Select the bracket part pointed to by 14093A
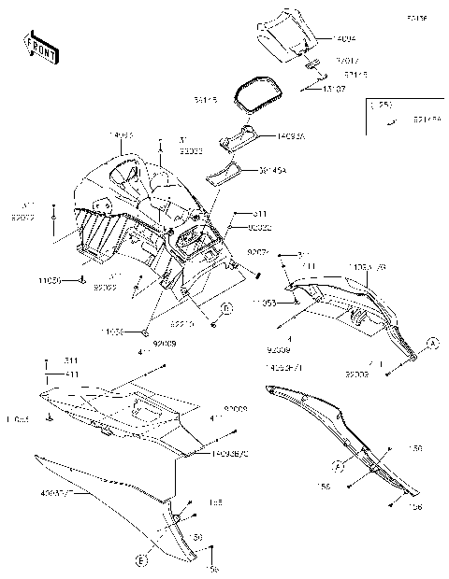242,136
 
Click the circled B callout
226,308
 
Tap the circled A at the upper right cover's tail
433,342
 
